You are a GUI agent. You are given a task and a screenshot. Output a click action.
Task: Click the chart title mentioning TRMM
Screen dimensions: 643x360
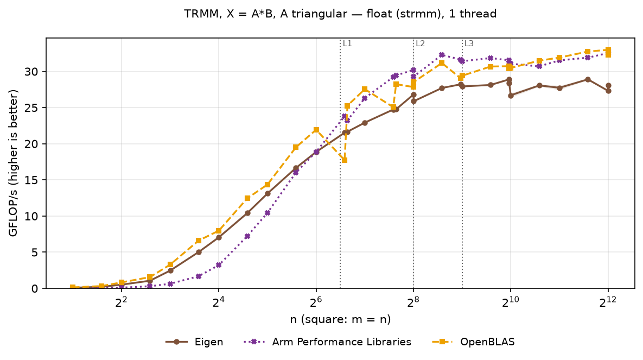340,14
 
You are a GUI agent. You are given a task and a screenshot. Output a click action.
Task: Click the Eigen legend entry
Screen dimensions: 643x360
194,342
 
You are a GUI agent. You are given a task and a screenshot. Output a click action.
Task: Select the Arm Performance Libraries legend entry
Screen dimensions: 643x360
327,342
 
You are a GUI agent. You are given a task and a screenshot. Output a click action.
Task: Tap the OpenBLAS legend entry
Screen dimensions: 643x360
473,342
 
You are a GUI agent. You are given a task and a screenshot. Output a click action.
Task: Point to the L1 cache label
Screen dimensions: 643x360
347,43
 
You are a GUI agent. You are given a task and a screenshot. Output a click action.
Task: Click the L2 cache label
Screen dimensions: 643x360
421,43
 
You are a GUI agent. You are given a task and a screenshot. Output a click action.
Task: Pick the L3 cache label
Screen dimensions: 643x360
469,43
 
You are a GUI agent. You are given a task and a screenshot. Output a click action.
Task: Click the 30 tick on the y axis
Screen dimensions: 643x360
31,72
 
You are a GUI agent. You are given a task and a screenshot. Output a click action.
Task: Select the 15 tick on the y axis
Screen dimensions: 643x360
31,180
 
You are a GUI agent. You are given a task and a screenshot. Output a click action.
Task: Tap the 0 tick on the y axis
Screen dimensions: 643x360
34,288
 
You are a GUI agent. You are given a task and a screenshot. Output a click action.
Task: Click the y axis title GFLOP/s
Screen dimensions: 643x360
14,163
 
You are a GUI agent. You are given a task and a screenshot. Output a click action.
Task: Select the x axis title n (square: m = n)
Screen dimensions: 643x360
340,319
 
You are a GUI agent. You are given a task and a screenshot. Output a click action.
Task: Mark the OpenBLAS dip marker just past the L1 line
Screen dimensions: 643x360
345,160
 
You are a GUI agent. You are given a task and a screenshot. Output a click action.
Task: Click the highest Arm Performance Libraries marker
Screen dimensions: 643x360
442,55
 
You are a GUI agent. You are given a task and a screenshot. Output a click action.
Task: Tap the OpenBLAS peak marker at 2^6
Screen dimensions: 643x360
316,130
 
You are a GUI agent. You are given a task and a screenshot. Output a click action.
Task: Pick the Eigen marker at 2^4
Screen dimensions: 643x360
219,238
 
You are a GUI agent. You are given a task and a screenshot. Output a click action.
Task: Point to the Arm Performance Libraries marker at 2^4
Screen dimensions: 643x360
219,265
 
